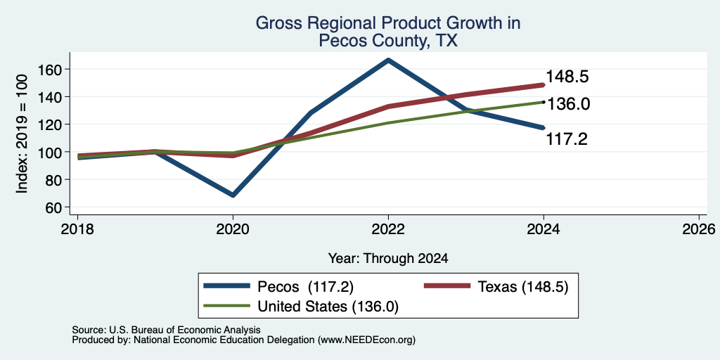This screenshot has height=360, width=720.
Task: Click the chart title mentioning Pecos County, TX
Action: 388,31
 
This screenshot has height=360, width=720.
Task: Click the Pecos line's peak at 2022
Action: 388,60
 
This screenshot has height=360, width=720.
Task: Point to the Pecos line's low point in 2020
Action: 233,195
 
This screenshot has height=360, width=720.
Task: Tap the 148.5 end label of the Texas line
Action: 567,77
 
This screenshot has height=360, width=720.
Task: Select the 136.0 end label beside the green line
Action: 568,104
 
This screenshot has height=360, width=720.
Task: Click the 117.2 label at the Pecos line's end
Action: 567,139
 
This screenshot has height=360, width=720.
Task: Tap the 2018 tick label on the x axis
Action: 77,229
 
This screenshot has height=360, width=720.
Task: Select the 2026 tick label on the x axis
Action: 699,229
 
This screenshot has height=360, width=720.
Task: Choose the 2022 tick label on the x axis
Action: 388,229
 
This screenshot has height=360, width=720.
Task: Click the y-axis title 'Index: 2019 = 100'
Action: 22,134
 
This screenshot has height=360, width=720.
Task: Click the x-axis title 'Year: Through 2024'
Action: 388,259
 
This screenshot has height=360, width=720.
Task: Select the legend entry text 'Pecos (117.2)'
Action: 305,287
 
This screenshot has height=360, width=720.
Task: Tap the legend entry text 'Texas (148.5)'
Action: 523,287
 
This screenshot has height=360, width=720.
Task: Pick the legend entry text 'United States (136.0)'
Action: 328,307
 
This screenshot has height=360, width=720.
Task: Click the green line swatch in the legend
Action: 227,306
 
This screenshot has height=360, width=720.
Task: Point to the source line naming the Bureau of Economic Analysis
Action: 166,330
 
